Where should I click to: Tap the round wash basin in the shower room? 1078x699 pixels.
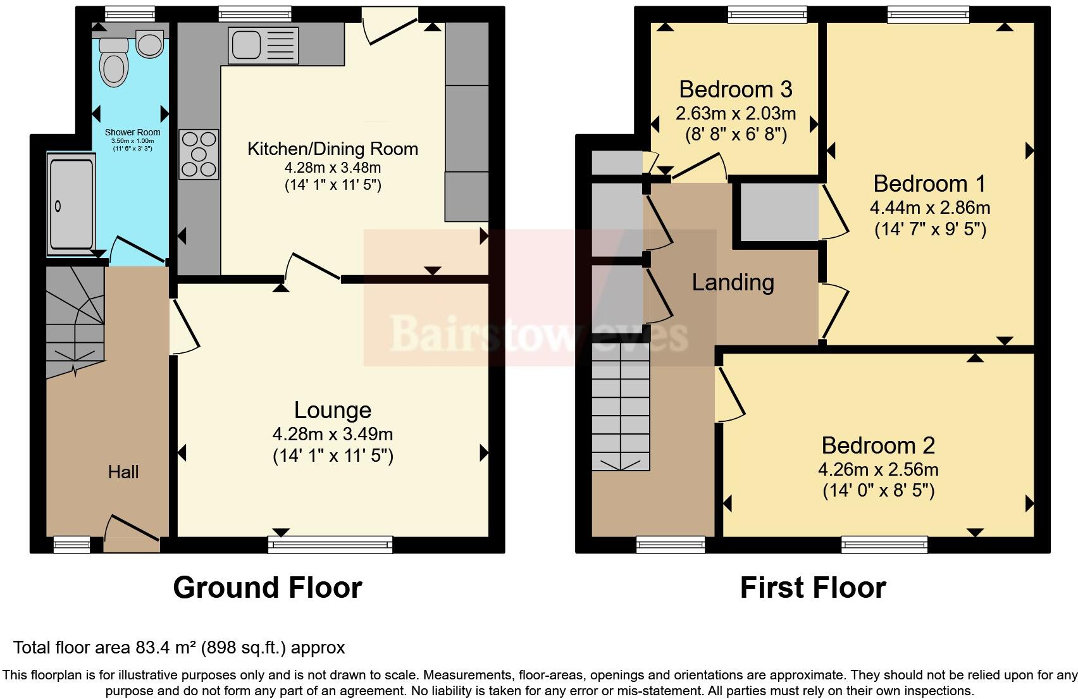[x=150, y=45]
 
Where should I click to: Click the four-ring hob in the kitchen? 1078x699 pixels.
[x=199, y=154]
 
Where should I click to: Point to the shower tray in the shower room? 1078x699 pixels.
[x=71, y=204]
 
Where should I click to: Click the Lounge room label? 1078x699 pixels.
[x=332, y=411]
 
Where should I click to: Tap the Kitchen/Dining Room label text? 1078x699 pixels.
[x=332, y=149]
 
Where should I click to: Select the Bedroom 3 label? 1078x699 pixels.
[x=735, y=90]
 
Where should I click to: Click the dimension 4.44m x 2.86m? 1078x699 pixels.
[x=929, y=207]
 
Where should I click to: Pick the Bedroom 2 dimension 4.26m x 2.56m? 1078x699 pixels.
[x=878, y=469]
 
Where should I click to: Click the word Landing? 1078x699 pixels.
[x=733, y=282]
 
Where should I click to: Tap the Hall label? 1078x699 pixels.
[x=123, y=472]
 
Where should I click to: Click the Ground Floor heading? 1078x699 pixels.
[x=267, y=588]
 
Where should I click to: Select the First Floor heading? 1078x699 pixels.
[x=812, y=588]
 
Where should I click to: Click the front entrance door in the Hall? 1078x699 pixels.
[x=131, y=533]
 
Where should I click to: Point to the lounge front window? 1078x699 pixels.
[x=330, y=543]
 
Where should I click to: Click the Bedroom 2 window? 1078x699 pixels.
[x=884, y=543]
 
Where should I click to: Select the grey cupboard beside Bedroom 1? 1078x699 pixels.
[x=779, y=212]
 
